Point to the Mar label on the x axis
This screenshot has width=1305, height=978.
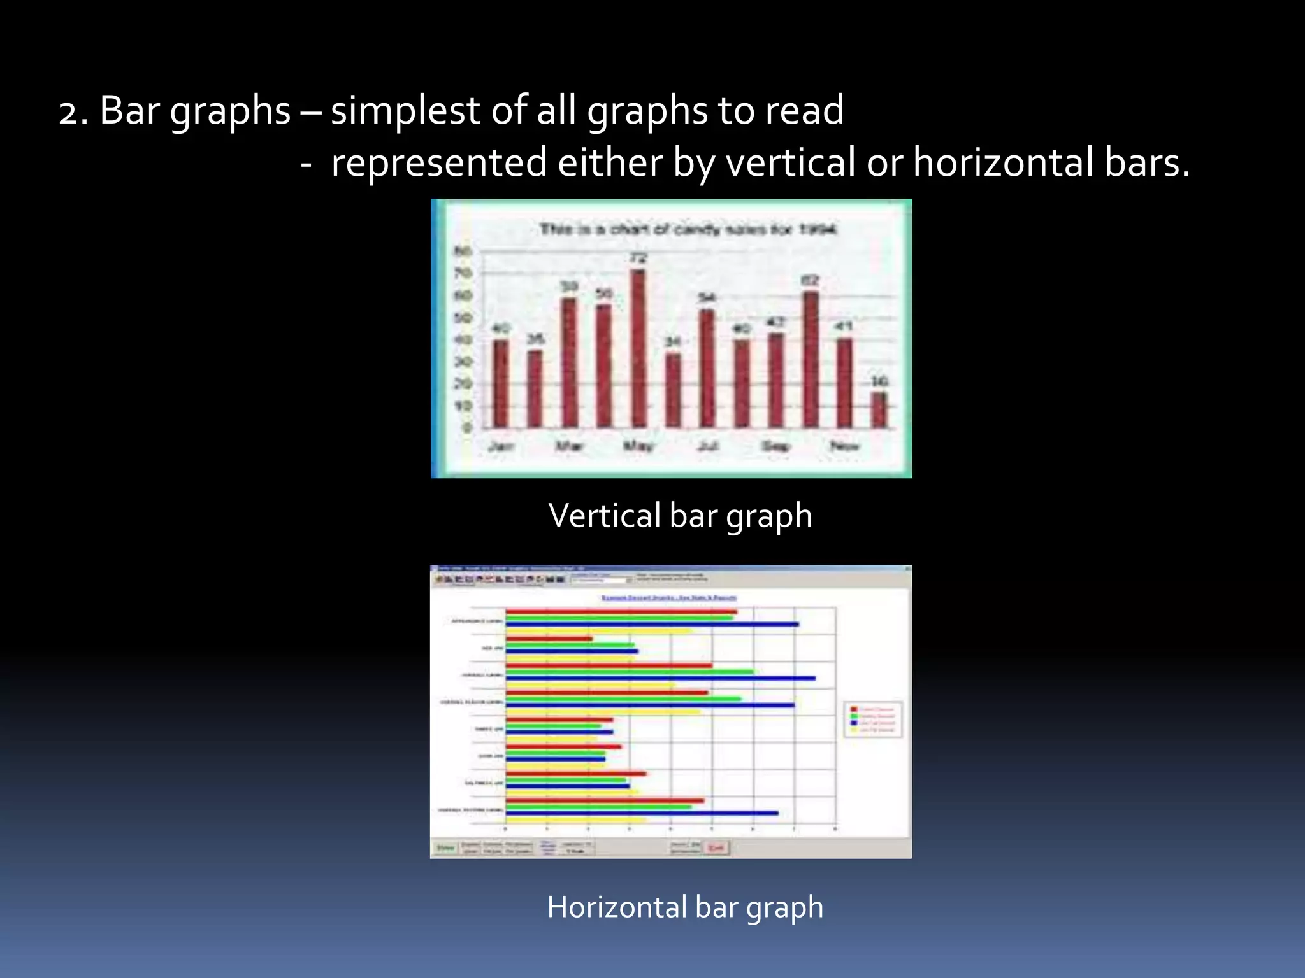tap(569, 446)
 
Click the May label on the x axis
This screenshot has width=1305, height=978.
tap(638, 446)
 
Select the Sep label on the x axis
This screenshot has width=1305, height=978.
tap(776, 446)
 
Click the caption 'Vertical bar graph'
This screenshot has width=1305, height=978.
tap(680, 515)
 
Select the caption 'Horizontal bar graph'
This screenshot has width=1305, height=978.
tap(685, 907)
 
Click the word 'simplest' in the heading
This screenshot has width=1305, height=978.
tap(405, 111)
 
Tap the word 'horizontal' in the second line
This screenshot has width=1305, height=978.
tap(1003, 162)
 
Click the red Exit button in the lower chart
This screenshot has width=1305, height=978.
tap(716, 847)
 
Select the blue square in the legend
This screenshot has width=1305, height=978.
tap(854, 723)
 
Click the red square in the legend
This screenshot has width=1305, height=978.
tap(854, 709)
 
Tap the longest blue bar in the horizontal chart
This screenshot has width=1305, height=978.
tap(660, 678)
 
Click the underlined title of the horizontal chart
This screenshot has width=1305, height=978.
tap(669, 597)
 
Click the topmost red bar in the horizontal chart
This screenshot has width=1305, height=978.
tap(621, 612)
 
